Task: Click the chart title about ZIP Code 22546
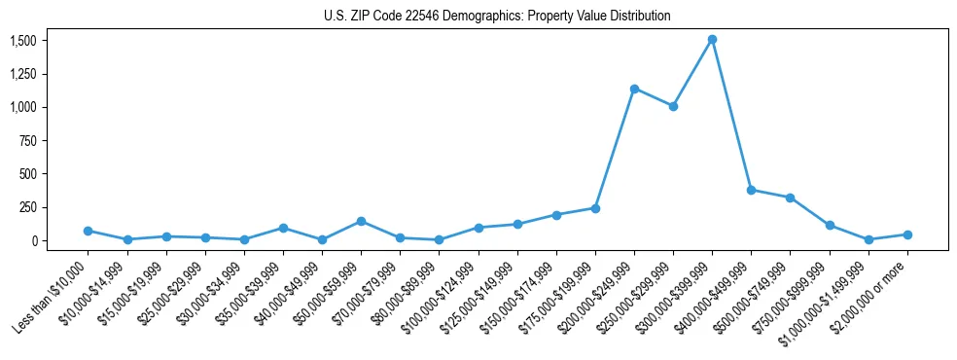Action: coord(497,16)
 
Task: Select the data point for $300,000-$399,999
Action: coord(712,40)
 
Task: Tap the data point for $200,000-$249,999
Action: coord(634,89)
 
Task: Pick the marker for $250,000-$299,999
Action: coord(673,106)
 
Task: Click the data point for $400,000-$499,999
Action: coord(751,190)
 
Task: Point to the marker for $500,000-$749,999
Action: coord(790,198)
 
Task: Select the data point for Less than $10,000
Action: coord(89,231)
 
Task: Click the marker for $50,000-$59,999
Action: coord(361,221)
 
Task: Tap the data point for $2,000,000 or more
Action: coord(907,234)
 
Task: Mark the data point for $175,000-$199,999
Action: coord(595,208)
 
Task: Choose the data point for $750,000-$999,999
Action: coord(830,225)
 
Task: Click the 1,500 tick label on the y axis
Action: coord(22,40)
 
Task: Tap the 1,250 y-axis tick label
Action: coord(22,74)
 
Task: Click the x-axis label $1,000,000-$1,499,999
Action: coord(827,297)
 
